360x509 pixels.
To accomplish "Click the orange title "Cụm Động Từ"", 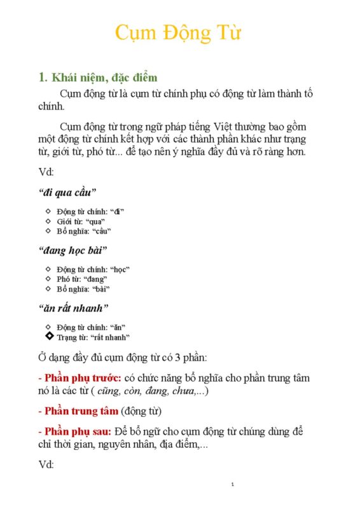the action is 178,32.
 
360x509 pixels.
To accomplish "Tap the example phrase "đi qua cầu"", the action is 67,192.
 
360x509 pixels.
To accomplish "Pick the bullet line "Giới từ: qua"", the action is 81,221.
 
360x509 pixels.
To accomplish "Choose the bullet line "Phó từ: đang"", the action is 82,279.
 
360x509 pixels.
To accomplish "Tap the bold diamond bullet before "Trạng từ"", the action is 49,336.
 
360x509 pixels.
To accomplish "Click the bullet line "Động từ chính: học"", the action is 93,268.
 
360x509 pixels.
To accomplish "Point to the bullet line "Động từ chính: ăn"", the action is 92,327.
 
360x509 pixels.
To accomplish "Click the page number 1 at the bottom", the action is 233,485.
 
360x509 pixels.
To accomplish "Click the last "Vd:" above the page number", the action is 46,464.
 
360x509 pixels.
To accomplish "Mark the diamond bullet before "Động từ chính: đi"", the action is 49,211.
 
